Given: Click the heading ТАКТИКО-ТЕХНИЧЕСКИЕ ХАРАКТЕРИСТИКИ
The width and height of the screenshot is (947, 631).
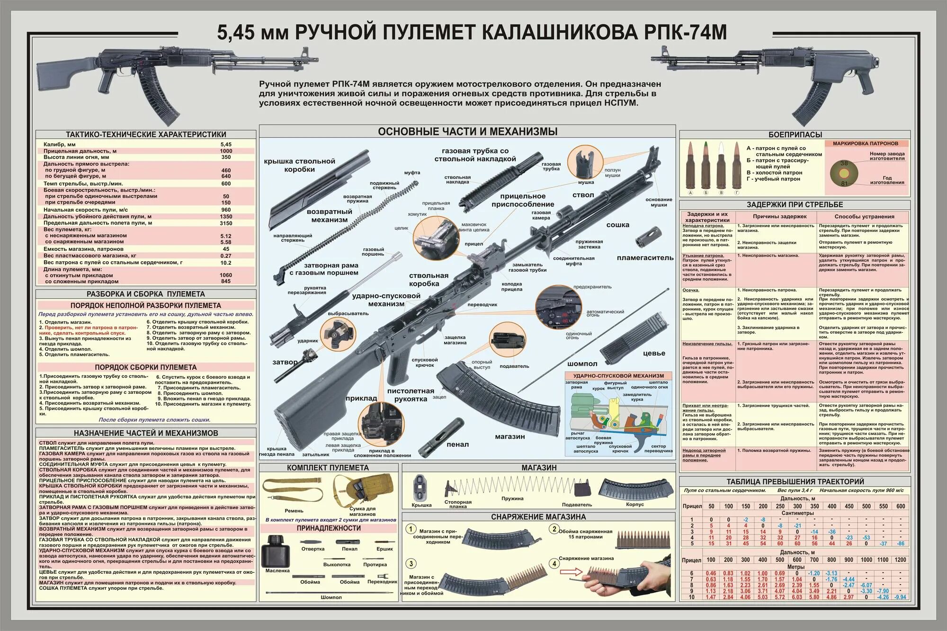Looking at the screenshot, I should (146, 134).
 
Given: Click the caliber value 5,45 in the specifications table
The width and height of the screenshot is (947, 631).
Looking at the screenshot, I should (226, 144).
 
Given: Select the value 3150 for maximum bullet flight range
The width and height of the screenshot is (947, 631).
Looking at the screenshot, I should (226, 223).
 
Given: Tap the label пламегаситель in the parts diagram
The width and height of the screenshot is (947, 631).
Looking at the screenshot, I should (645, 258).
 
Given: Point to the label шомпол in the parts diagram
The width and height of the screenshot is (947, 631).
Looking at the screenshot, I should (582, 364).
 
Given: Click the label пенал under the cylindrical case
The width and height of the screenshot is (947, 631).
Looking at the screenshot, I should (457, 444).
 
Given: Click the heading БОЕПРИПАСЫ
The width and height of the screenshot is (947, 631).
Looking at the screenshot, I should (795, 134).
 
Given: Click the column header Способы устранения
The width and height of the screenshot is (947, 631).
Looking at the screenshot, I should (864, 216).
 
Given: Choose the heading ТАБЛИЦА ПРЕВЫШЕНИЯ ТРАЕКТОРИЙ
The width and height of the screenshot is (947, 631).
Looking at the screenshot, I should (795, 481).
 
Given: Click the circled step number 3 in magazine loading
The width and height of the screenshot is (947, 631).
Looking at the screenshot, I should (411, 563).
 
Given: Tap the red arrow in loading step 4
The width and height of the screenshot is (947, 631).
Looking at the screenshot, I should (570, 572).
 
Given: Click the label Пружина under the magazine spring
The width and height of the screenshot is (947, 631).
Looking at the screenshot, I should (512, 498).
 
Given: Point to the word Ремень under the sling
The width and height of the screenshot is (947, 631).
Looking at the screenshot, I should (294, 511).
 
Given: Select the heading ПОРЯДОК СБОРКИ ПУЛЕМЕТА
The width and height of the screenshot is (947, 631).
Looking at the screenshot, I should (145, 367).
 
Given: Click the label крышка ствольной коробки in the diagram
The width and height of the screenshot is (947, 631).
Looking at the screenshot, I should (299, 165).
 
